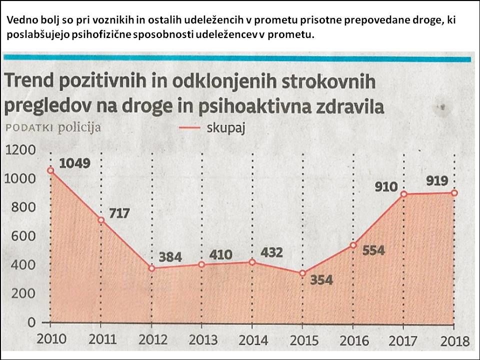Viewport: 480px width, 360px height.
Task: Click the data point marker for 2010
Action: tap(50, 170)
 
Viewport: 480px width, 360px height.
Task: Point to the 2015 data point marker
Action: tap(302, 273)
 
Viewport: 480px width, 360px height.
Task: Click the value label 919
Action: tap(437, 181)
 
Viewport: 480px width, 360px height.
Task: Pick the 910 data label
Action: tap(386, 187)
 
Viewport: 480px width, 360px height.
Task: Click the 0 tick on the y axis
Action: tap(31, 322)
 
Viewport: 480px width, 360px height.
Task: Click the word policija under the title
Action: tap(79, 127)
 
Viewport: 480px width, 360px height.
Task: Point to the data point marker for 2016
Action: tap(353, 245)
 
